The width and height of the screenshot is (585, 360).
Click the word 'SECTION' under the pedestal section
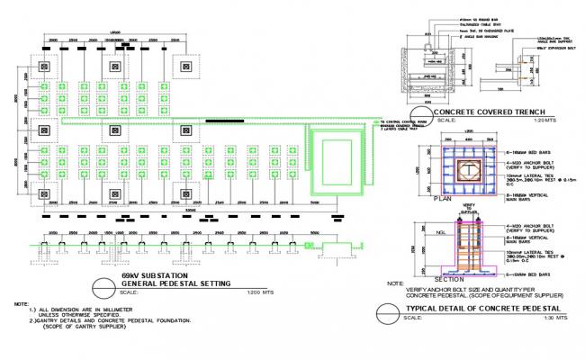tap(449, 279)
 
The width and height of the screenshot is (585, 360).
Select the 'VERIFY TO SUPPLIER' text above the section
tap(468, 208)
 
